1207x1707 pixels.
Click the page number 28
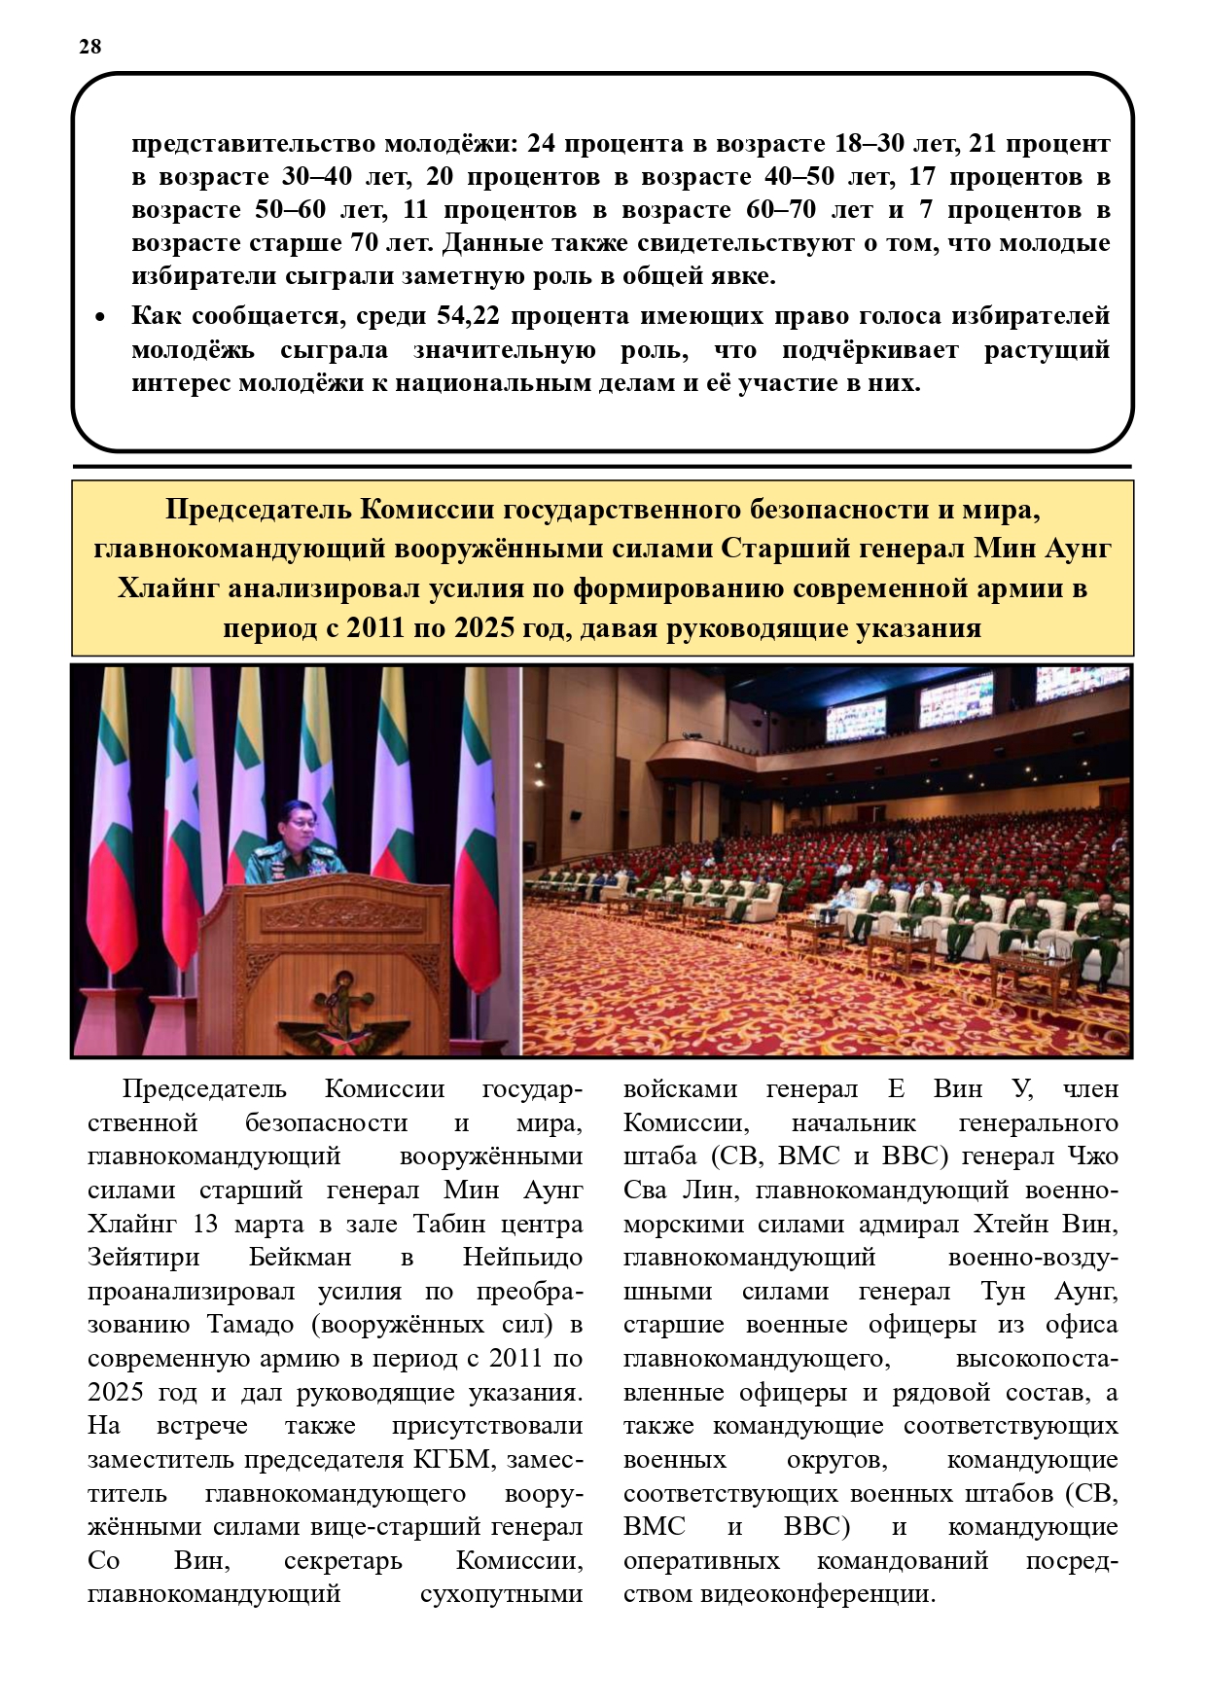[89, 47]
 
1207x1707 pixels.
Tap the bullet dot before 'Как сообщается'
[99, 318]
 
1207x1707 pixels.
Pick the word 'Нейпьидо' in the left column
[522, 1257]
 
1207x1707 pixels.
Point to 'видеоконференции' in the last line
[818, 1593]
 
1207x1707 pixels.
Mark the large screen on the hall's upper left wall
[855, 718]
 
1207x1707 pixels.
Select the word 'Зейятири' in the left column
[143, 1257]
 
